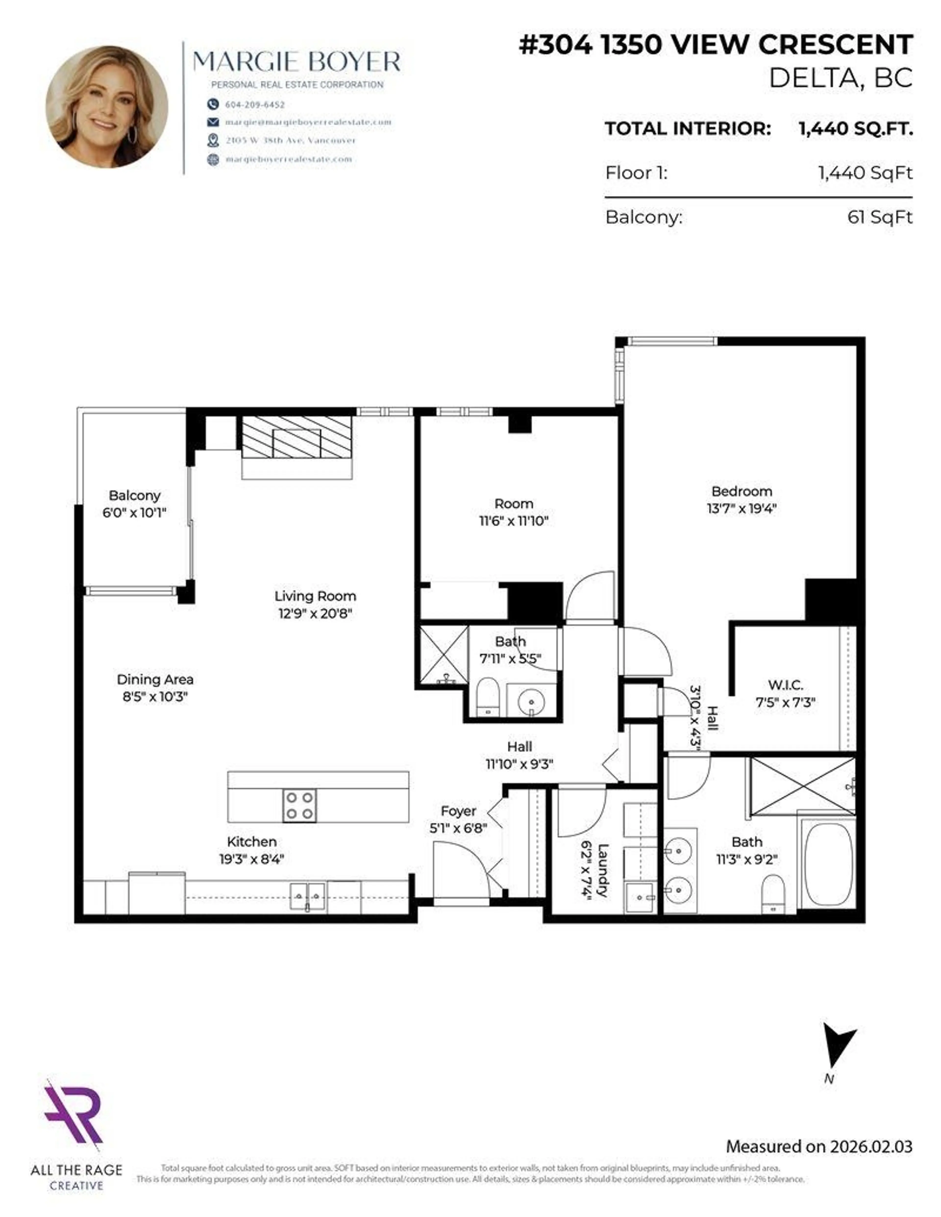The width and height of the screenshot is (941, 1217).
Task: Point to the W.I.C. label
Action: (x=785, y=685)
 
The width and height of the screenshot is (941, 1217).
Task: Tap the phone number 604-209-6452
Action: (x=255, y=104)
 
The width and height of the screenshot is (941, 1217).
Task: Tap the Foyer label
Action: (x=458, y=811)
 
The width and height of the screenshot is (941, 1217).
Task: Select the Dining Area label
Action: (x=155, y=679)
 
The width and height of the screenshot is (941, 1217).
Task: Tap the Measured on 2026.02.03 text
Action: (x=819, y=1146)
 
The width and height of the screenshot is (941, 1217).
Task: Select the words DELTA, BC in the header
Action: (x=841, y=78)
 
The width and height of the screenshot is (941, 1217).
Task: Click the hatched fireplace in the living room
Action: (x=297, y=438)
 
